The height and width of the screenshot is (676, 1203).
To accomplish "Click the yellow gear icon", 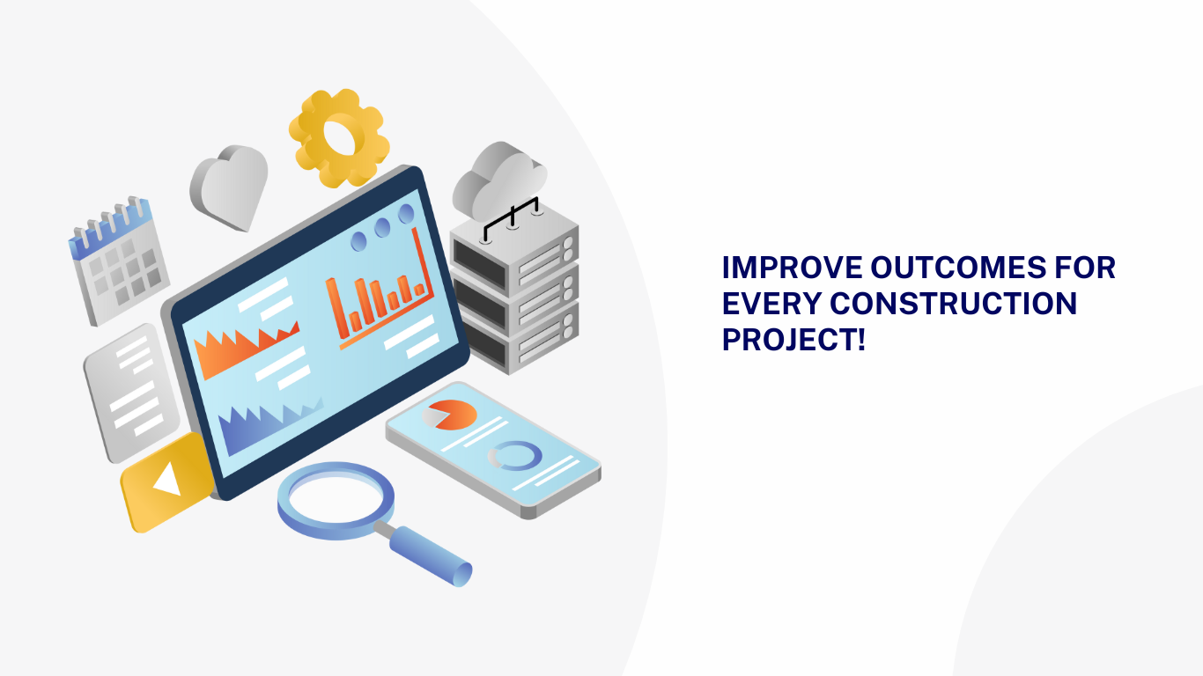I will point(339,137).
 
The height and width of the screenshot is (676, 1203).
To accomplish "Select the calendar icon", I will point(118,260).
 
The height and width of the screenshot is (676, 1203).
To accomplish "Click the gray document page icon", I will point(131,391).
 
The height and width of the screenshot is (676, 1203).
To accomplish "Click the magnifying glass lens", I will point(336,499).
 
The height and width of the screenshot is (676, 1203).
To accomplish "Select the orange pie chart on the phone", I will point(450,415).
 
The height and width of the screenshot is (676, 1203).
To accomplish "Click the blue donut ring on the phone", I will point(515,455).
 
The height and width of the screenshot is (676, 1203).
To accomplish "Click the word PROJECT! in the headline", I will point(793,339).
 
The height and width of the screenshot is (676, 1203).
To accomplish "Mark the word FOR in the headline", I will point(1085,268).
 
